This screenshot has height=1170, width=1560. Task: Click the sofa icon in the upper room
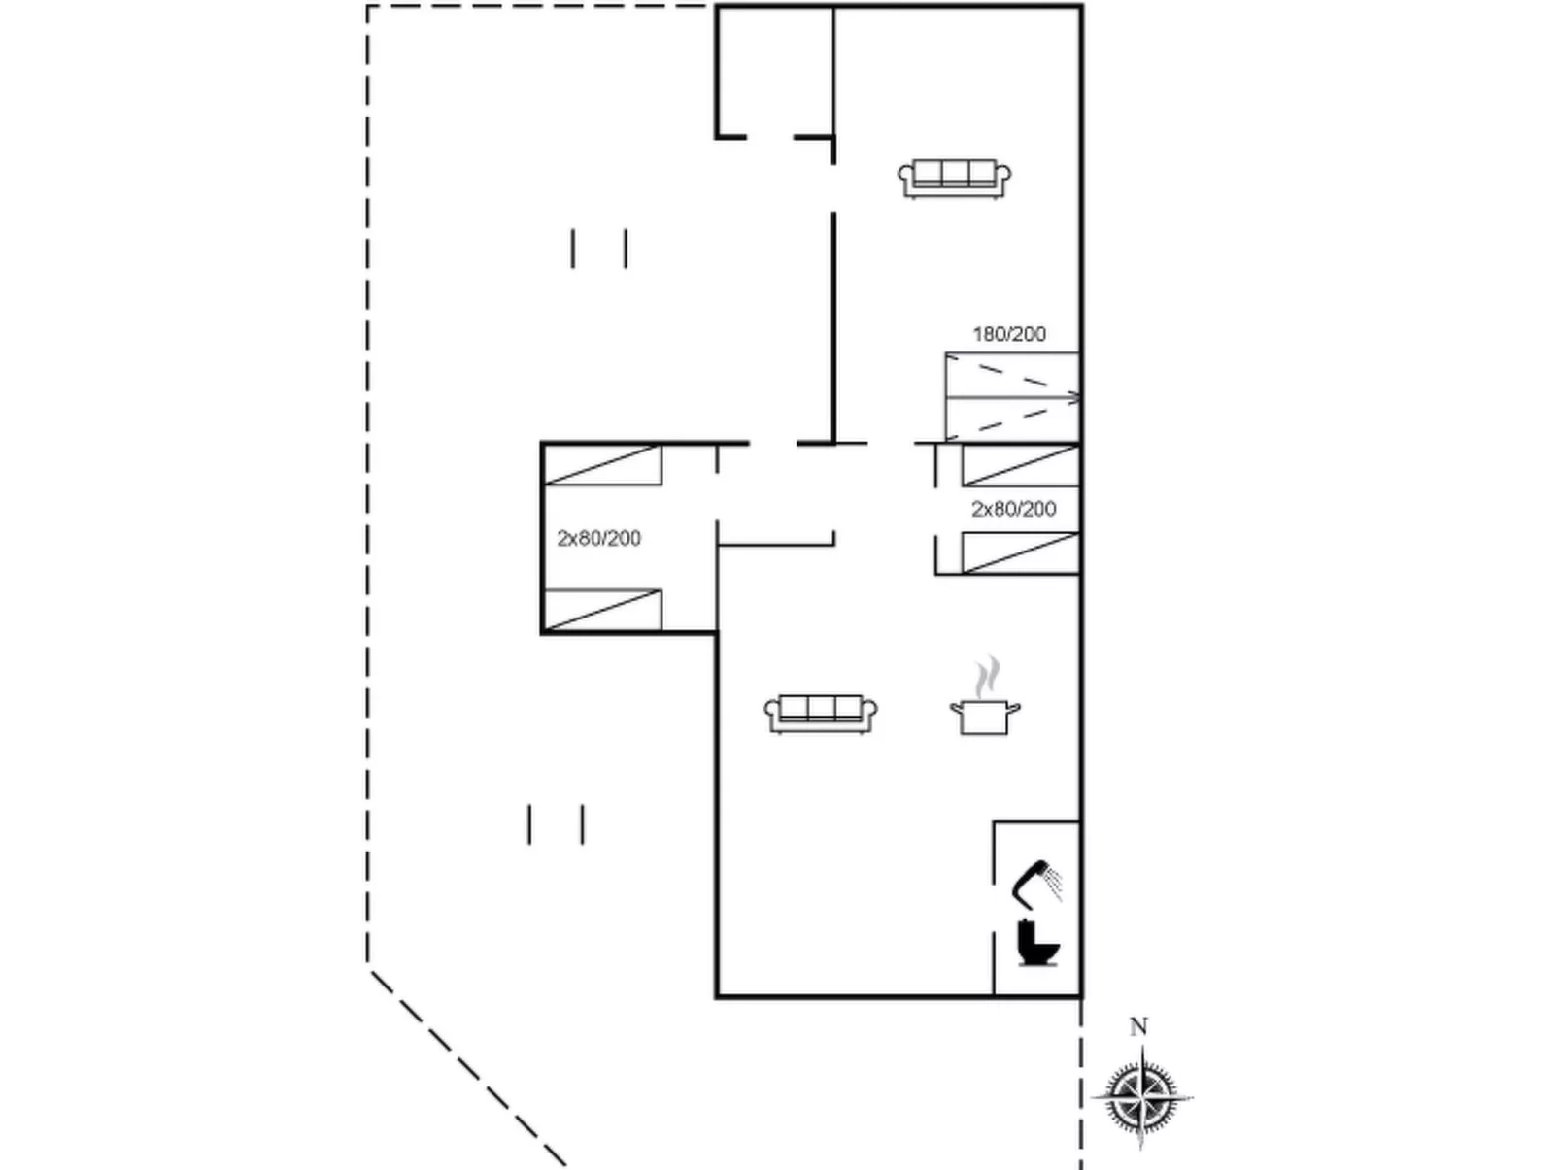pos(955,179)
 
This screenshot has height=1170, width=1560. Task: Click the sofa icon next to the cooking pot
pos(821,714)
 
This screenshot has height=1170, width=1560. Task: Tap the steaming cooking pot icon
pos(985,697)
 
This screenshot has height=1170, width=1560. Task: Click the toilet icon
pos(1037,944)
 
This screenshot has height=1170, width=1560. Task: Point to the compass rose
pos(1142,1098)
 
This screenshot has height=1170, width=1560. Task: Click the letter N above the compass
pos(1139,1027)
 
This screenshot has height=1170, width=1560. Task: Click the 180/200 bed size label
pos(1009,334)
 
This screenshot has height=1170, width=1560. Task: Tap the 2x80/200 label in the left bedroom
pos(599,539)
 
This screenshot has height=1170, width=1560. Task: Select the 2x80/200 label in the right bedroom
pos(1013,509)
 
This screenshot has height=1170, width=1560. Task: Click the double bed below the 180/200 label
pos(1013,397)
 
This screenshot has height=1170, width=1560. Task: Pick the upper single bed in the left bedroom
pos(602,465)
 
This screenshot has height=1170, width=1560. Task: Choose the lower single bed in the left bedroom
pos(602,610)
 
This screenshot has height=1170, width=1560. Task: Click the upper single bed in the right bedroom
pos(1021,465)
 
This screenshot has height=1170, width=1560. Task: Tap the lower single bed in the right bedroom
pos(1021,552)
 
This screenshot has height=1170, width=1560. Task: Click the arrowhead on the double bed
pos(1074,398)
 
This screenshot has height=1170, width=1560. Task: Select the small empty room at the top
pos(775,71)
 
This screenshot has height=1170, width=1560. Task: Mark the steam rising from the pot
pos(987,677)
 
